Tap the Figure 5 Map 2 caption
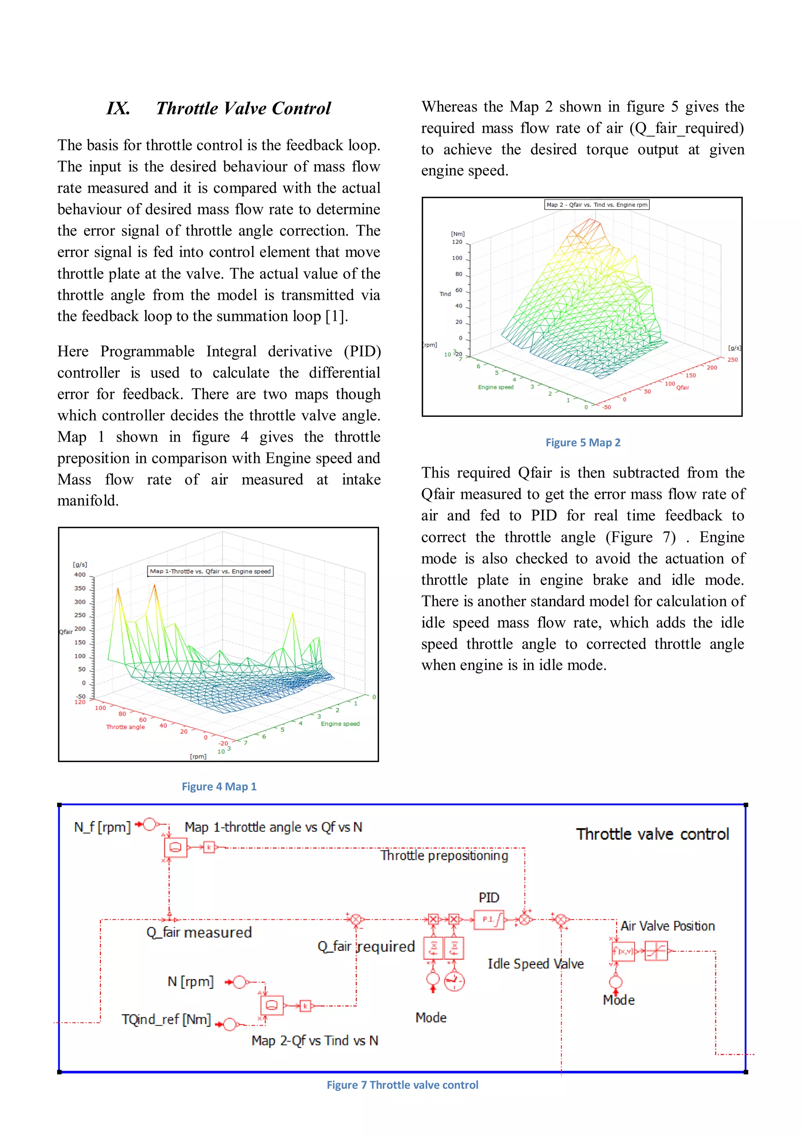583,442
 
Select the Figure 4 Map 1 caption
219,786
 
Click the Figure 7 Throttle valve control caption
402,1084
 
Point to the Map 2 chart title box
596,205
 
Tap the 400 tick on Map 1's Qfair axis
79,575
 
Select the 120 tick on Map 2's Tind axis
457,242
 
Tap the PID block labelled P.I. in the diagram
489,920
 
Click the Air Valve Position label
667,926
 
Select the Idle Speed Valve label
535,963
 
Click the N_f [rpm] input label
102,827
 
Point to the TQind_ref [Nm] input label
166,1019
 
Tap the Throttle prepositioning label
444,856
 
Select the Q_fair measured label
199,932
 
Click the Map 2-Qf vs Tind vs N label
315,1041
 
